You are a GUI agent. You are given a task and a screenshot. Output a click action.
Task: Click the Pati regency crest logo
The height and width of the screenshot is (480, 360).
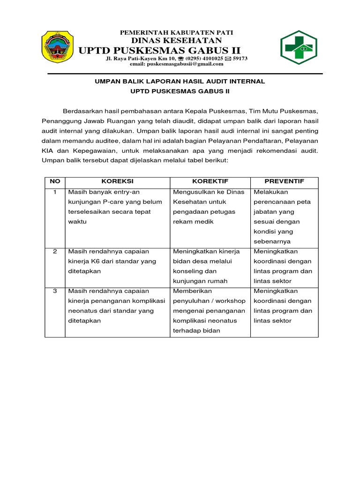57,47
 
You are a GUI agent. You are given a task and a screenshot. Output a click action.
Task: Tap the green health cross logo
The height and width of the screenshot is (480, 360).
301,47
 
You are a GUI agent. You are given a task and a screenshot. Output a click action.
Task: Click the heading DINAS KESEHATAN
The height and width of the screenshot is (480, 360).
177,41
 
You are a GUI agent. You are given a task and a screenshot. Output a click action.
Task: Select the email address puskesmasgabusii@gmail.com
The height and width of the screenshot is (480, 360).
177,64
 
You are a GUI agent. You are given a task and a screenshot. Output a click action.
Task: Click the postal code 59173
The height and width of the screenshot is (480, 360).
240,58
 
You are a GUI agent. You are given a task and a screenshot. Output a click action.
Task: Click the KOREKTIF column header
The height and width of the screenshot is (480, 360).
210,181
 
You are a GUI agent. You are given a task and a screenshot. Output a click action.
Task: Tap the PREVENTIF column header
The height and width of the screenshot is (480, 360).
284,181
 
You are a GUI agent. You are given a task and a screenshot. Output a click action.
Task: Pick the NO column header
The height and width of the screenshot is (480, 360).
55,181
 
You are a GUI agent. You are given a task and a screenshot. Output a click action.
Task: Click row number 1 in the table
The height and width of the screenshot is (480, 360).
55,192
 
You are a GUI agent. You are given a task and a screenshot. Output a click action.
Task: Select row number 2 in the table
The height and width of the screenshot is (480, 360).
55,252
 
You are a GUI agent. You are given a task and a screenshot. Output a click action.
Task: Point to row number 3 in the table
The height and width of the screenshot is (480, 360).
55,291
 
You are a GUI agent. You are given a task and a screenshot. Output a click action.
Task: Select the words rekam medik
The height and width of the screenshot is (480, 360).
193,222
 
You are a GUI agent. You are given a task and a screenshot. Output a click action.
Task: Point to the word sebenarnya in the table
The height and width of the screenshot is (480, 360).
272,242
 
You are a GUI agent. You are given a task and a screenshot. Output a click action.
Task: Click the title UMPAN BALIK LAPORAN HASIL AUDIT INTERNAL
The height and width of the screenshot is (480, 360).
180,82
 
